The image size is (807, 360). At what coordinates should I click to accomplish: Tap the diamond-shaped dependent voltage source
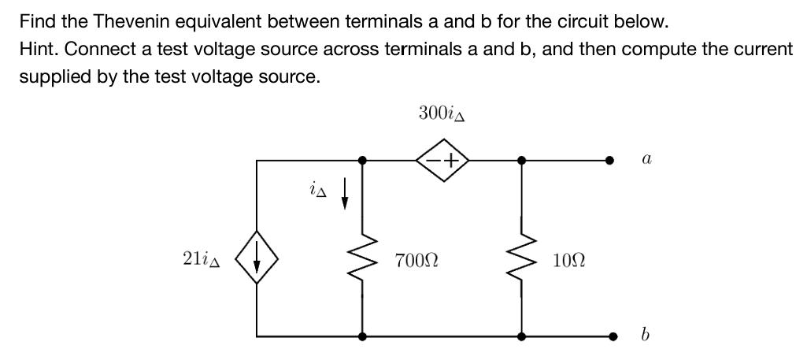pos(442,161)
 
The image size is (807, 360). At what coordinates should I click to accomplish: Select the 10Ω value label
pos(568,261)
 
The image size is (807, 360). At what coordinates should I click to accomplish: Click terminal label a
pos(646,159)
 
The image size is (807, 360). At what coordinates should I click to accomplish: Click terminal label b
pos(646,336)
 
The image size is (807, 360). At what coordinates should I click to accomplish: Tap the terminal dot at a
pos(609,161)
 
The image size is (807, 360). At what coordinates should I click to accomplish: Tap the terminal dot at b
pos(609,336)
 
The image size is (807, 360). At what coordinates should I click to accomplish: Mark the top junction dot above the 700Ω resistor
pos(362,161)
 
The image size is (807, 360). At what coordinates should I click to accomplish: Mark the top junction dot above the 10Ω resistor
pos(521,161)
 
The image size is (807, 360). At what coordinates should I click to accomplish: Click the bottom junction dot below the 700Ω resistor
pos(362,336)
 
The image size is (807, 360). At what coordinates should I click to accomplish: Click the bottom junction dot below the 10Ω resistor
pos(521,336)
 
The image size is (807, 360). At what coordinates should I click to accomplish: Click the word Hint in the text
pos(37,49)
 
